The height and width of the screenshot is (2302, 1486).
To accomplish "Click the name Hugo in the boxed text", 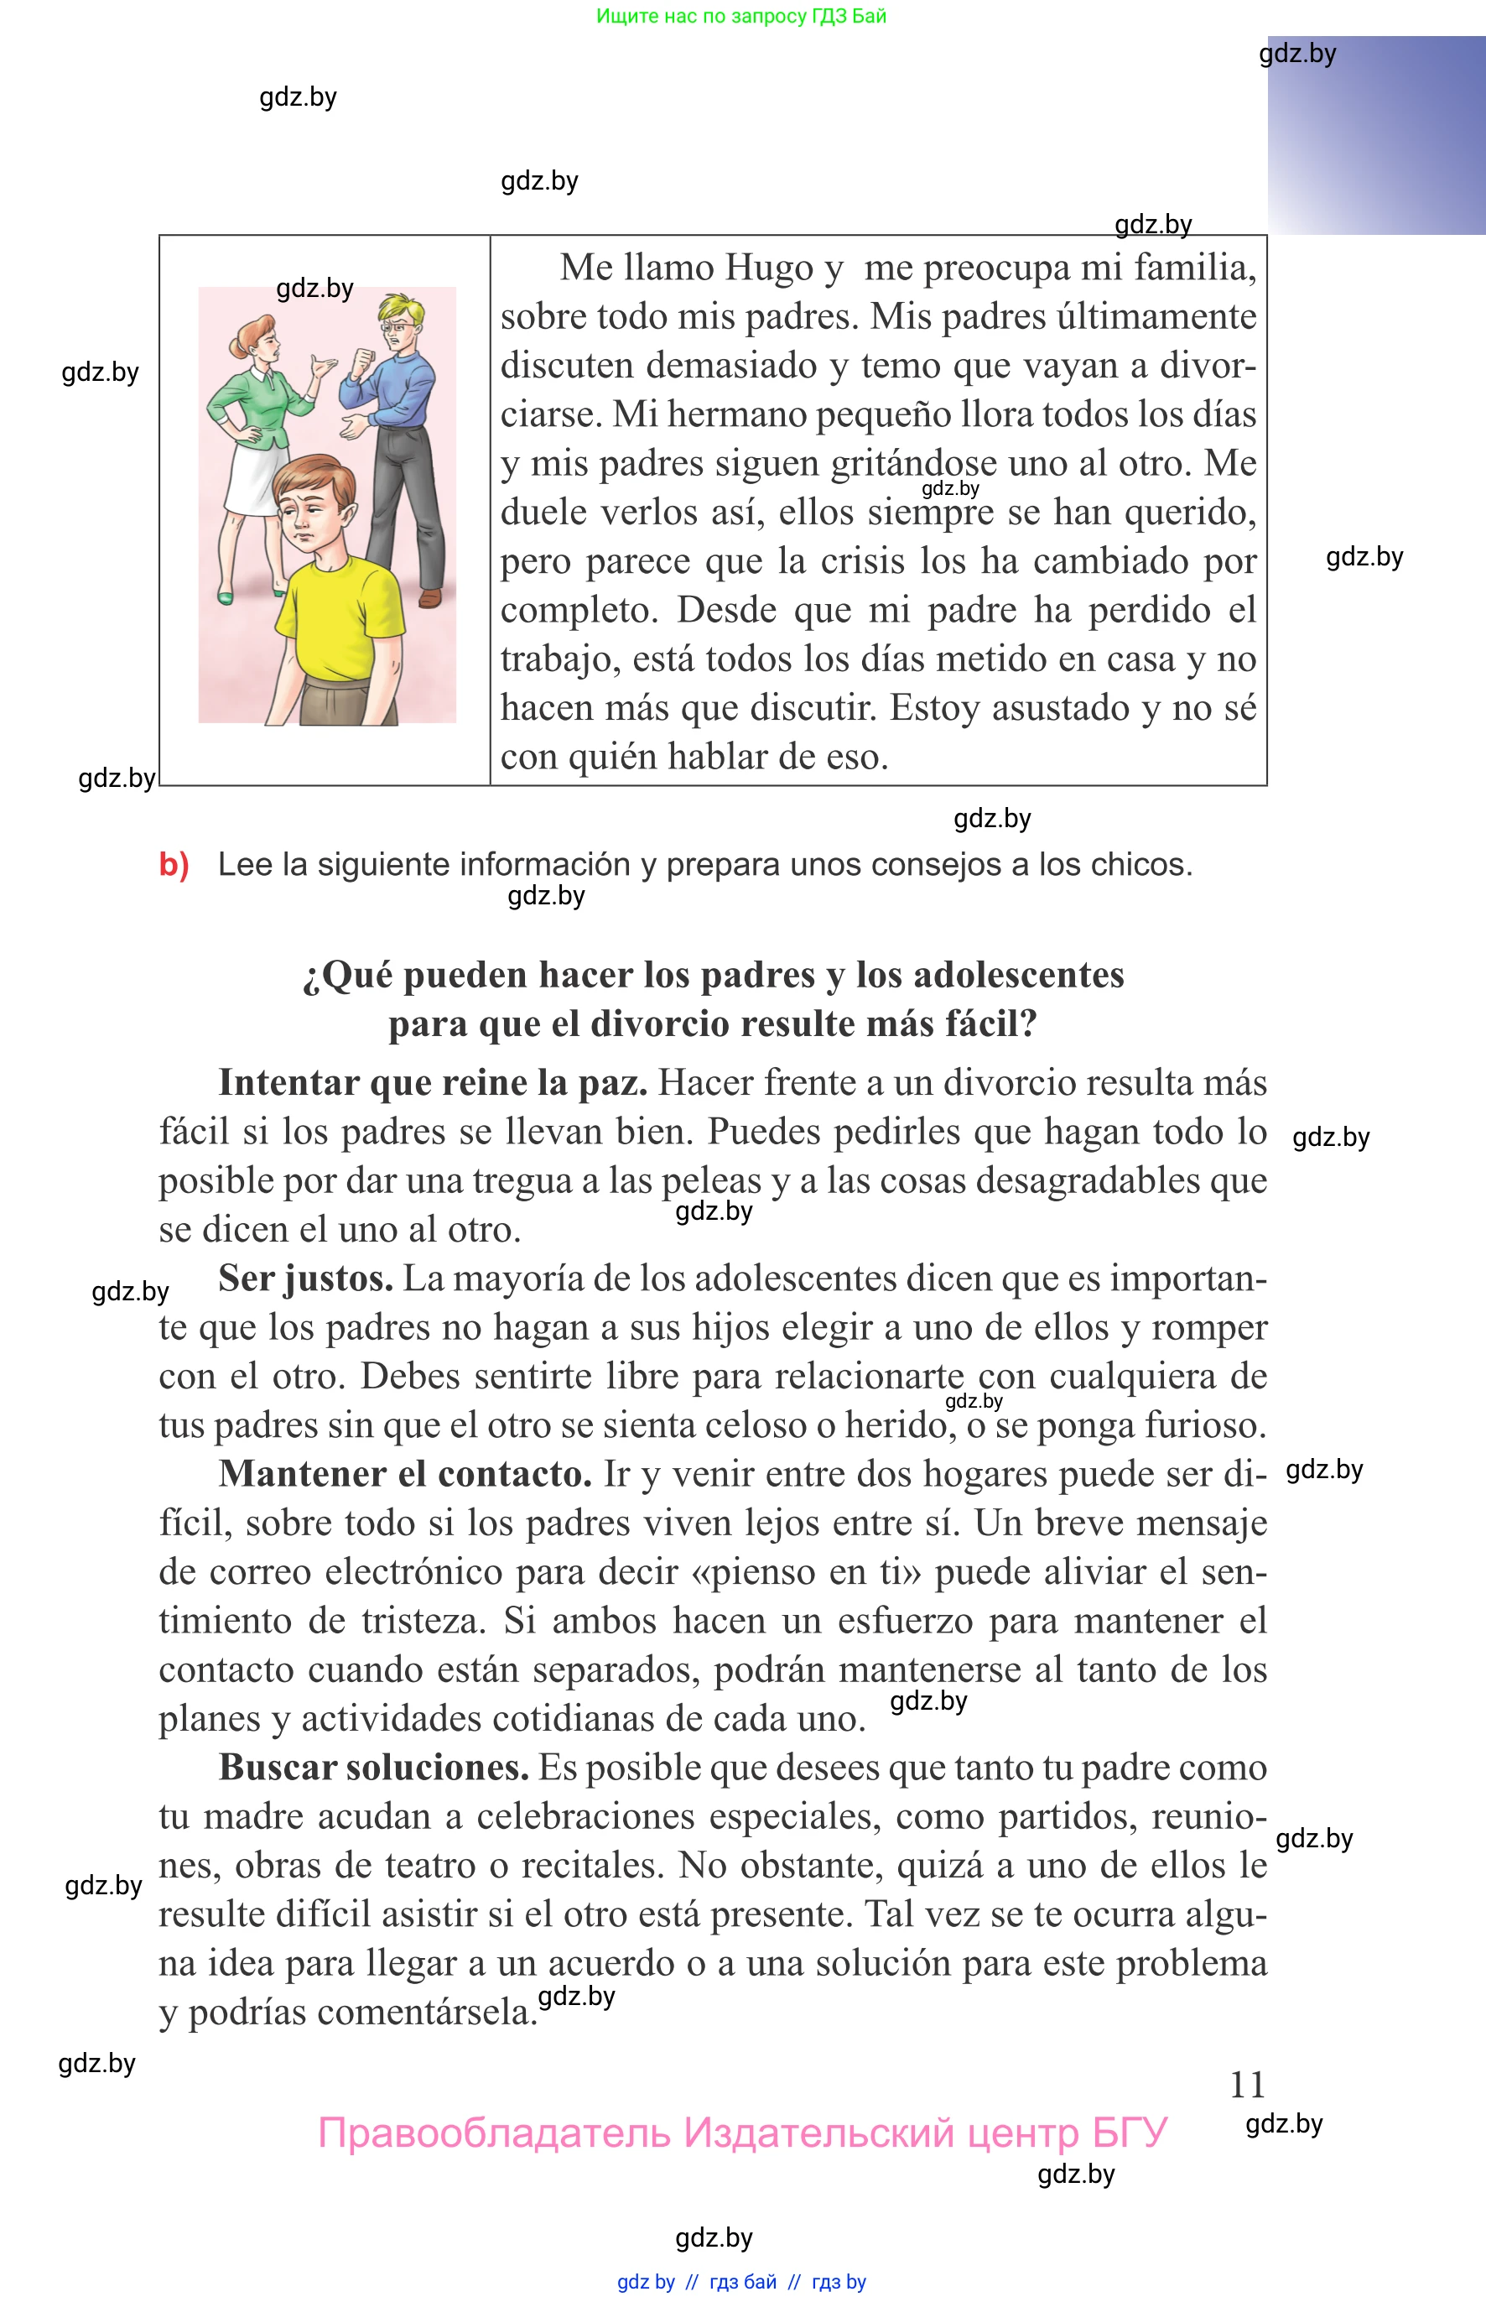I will (768, 268).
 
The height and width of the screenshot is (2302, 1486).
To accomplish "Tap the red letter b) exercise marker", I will (174, 864).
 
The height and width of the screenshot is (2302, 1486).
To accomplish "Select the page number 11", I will (1247, 2086).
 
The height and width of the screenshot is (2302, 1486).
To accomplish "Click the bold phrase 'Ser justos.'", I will (305, 1278).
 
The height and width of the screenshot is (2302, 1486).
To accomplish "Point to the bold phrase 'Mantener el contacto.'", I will (405, 1474).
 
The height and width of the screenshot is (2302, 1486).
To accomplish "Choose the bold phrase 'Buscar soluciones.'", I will (373, 1768).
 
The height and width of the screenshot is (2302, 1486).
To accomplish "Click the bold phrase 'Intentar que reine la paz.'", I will (432, 1082).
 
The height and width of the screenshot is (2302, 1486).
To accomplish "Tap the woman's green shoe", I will (226, 598).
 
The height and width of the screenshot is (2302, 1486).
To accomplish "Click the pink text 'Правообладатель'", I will (494, 2133).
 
